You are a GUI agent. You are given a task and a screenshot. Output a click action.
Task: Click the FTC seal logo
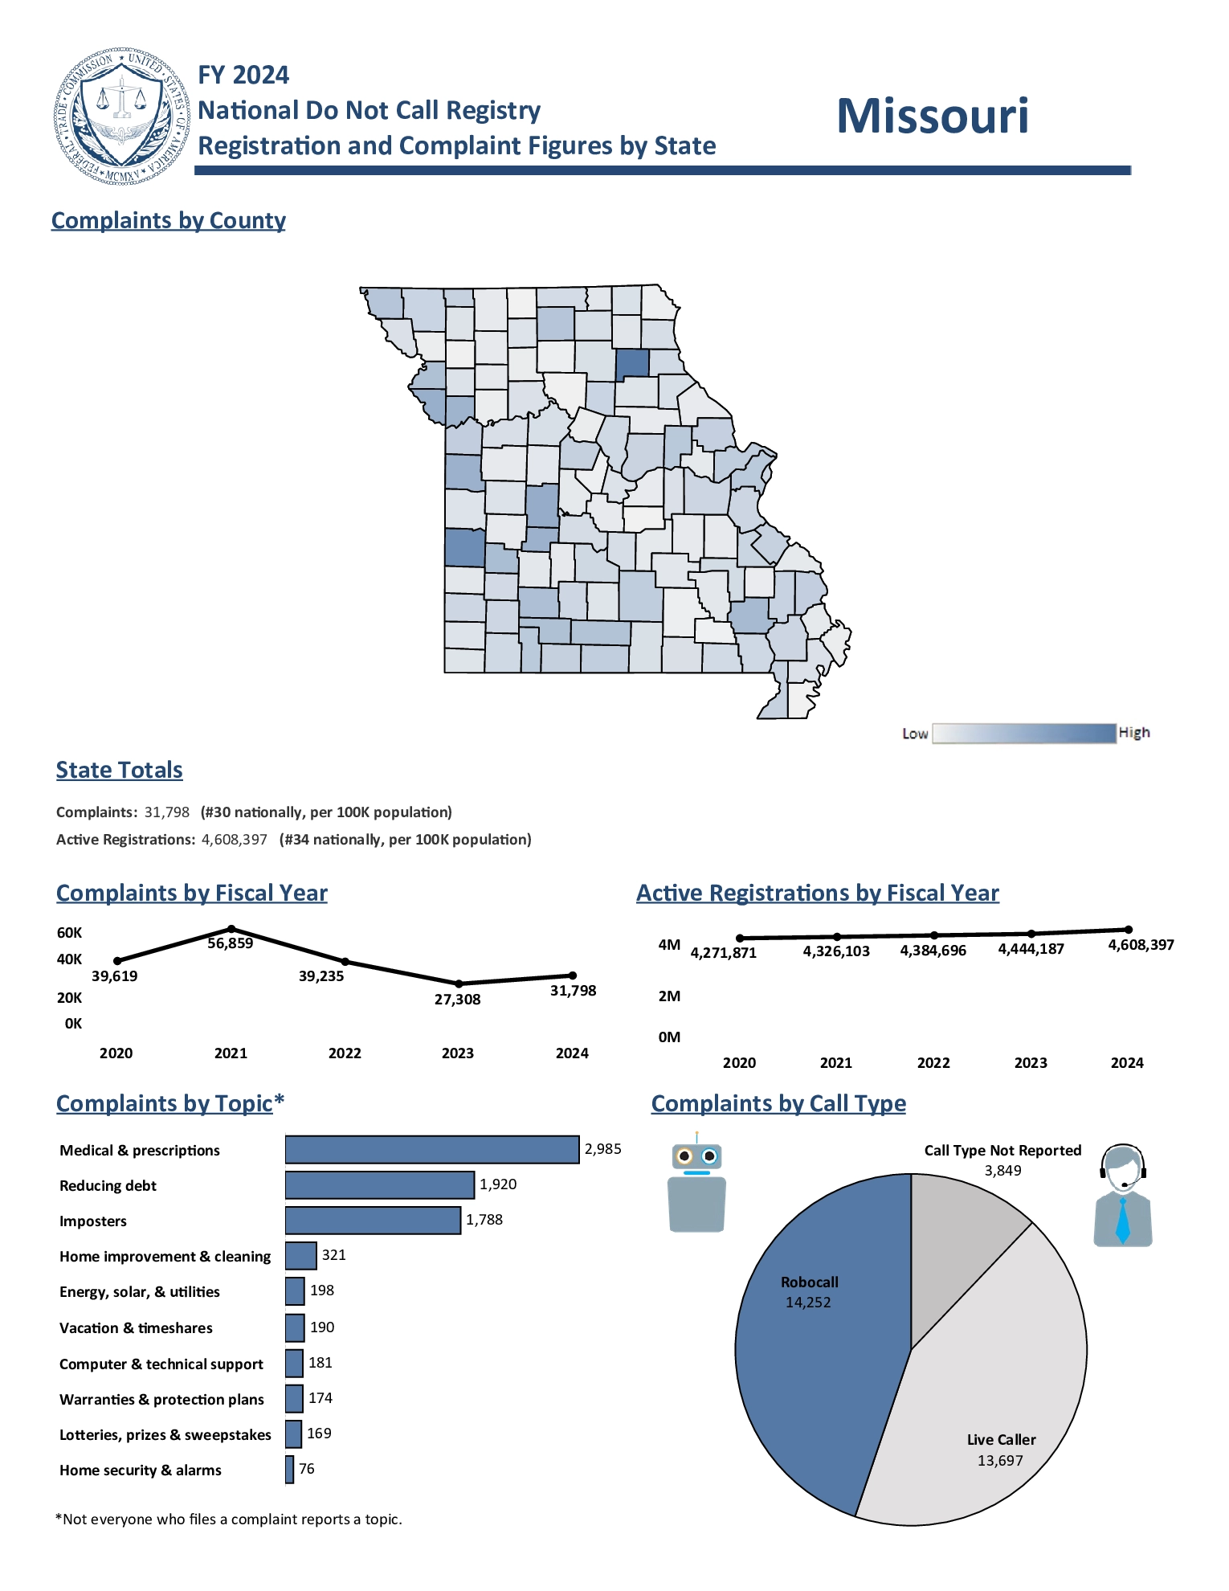pos(122,117)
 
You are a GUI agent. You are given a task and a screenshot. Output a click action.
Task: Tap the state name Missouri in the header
pos(932,117)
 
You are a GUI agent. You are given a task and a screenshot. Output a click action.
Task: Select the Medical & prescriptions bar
pos(431,1149)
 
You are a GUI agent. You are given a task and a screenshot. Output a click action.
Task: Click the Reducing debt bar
pos(379,1185)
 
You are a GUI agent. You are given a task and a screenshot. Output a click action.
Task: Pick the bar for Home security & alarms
pos(289,1470)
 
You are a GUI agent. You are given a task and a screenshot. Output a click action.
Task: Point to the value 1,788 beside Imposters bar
pos(484,1220)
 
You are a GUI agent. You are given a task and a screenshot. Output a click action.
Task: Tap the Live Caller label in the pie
pos(1001,1440)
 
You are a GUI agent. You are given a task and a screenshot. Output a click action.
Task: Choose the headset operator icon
pos(1123,1196)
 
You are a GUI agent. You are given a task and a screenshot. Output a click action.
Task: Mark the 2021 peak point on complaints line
pos(231,929)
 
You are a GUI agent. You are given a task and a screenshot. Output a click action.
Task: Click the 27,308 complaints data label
pos(457,1000)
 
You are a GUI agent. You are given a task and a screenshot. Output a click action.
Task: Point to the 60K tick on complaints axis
pos(69,933)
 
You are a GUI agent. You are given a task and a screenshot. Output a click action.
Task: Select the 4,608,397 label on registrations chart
pos(1141,945)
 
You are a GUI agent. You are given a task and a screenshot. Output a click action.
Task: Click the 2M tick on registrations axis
pos(669,996)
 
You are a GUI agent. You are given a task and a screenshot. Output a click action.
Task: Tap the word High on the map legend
pos(1134,732)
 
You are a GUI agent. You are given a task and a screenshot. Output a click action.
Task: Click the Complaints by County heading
pos(169,220)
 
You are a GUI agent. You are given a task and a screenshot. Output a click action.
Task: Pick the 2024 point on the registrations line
pos(1129,930)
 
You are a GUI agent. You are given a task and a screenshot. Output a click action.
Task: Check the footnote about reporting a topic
pos(229,1519)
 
